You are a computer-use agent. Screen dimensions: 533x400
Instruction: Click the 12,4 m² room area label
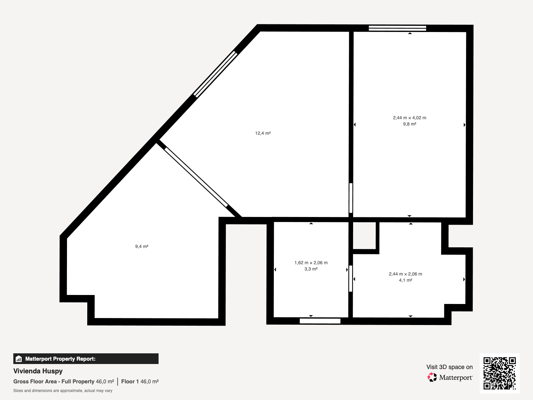pos(263,133)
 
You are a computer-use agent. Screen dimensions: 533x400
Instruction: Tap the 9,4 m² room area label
pos(142,246)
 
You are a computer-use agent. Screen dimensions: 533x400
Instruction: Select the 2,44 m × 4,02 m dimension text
pos(409,118)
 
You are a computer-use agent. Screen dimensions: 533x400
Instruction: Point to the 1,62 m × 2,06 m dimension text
pos(311,263)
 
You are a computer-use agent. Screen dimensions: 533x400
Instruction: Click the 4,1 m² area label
pos(405,280)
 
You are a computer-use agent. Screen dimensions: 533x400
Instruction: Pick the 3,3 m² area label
pos(311,269)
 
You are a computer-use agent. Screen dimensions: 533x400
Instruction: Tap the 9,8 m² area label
pos(409,124)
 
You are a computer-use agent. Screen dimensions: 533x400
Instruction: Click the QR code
pos(499,373)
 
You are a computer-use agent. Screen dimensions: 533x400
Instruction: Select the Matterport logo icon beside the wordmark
pos(432,377)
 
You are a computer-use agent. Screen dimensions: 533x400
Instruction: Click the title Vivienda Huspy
pos(38,371)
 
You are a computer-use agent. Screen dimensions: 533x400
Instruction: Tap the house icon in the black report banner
pos(19,359)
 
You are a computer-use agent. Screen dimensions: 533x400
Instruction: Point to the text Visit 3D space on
pos(449,367)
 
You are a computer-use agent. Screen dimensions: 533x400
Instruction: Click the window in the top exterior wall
pos(397,28)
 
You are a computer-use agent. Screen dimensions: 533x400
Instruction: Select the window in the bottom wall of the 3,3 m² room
pos(320,321)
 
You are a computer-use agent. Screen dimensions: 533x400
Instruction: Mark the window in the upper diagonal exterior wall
pos(215,74)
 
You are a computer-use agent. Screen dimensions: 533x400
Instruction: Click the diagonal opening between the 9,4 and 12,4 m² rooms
pos(196,177)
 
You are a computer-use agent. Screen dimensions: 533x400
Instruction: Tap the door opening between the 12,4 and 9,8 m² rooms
pos(351,198)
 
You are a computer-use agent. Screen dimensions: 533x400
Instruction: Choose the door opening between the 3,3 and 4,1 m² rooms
pos(351,279)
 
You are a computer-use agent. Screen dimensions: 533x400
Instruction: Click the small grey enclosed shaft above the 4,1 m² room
pos(364,236)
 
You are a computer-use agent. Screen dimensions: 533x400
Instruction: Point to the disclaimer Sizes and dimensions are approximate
pos(63,391)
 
